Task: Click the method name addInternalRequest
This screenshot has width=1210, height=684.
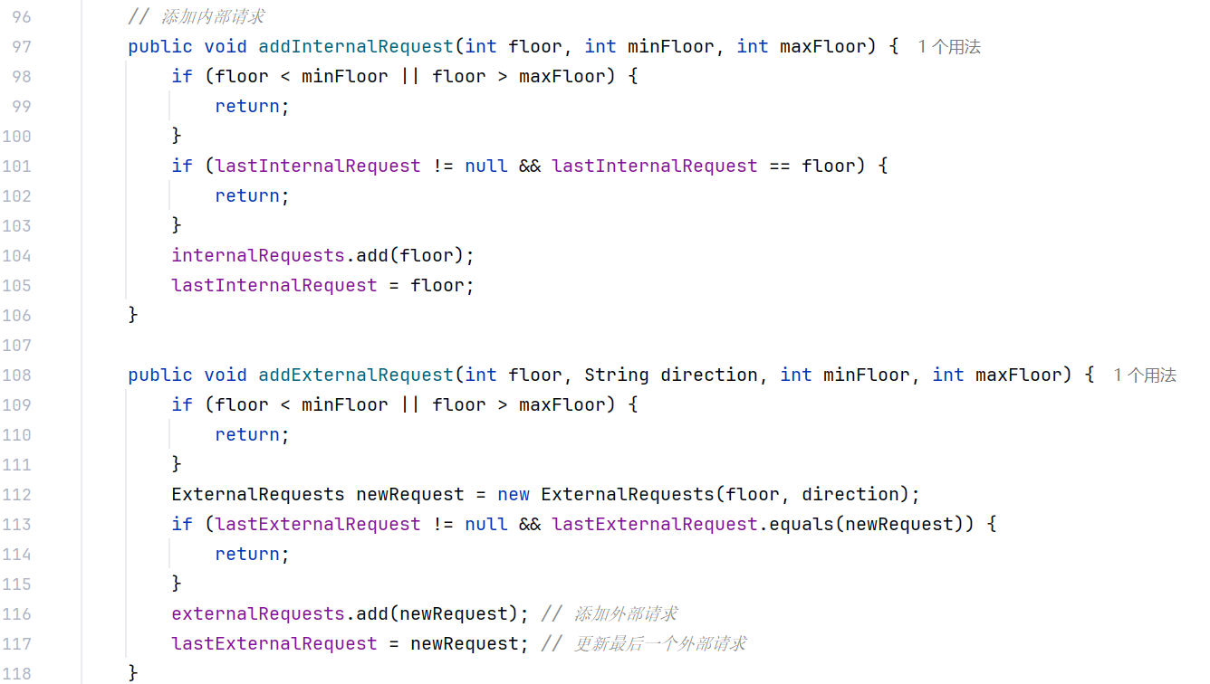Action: (356, 46)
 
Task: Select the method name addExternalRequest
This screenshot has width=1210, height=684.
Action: (356, 375)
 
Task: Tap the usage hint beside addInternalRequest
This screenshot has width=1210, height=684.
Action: (948, 47)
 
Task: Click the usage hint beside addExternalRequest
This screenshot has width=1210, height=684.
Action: (1144, 375)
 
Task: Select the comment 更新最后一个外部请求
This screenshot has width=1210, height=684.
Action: (659, 643)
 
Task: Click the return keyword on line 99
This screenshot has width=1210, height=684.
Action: (247, 106)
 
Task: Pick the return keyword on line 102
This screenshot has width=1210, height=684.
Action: (247, 195)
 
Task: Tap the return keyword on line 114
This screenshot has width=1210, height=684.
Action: (247, 554)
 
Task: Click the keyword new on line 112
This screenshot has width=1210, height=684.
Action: (514, 494)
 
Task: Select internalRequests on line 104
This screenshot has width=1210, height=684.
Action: (258, 255)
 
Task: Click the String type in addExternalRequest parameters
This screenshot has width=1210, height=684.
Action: (617, 375)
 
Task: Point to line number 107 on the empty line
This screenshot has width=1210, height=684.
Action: (17, 345)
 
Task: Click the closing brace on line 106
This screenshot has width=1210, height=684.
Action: (133, 315)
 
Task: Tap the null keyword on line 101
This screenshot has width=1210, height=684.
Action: (486, 166)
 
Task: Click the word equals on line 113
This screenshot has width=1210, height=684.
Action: (802, 524)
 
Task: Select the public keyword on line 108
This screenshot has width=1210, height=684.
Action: (160, 375)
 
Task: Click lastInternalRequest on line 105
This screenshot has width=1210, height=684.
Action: (274, 285)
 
